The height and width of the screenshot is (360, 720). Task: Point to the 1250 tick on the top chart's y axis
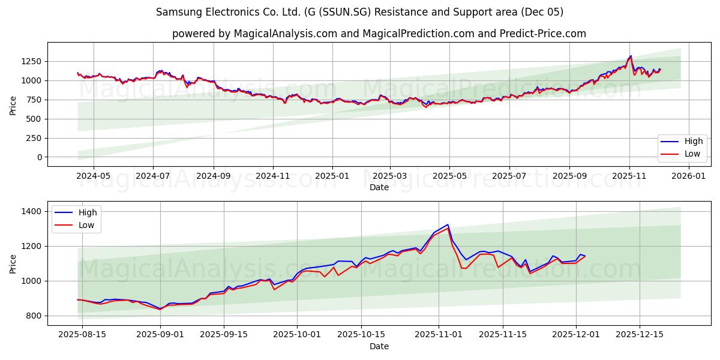[31, 61]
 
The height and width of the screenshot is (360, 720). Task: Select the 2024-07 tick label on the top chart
[152, 176]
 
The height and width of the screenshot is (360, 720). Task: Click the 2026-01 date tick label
[688, 176]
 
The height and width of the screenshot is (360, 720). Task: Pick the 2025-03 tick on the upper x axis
[390, 176]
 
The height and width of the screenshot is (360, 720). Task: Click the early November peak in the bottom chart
[448, 225]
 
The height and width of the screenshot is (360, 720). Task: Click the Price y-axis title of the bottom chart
[13, 263]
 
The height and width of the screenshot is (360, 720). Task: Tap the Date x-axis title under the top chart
[379, 187]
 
